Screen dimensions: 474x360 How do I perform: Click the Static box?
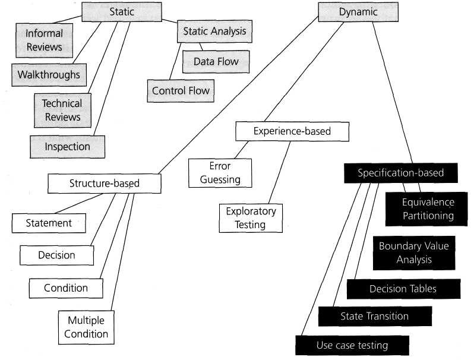pyautogui.click(x=122, y=12)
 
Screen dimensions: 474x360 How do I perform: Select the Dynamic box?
pyautogui.click(x=358, y=12)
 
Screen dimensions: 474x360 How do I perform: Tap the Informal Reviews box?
pyautogui.click(x=45, y=40)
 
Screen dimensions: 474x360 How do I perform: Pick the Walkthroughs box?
pyautogui.click(x=49, y=75)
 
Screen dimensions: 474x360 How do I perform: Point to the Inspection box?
pyautogui.click(x=67, y=147)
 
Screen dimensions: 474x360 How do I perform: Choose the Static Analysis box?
pyautogui.click(x=214, y=31)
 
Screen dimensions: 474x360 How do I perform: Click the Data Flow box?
pyautogui.click(x=216, y=62)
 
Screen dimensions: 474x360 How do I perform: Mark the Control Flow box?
pyautogui.click(x=181, y=91)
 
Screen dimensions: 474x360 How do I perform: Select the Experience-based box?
pyautogui.click(x=292, y=131)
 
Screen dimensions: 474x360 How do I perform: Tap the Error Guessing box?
pyautogui.click(x=220, y=173)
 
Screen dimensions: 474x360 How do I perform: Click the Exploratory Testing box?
pyautogui.click(x=251, y=218)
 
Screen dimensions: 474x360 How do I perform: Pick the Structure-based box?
pyautogui.click(x=105, y=184)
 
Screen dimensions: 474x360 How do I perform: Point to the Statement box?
pyautogui.click(x=49, y=223)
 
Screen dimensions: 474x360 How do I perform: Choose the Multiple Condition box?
pyautogui.click(x=86, y=327)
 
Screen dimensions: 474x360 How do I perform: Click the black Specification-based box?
pyautogui.click(x=401, y=173)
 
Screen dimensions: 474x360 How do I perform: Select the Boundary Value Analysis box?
pyautogui.click(x=414, y=252)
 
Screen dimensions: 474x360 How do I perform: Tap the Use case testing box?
pyautogui.click(x=352, y=345)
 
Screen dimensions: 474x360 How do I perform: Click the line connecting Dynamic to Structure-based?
pyautogui.click(x=238, y=95)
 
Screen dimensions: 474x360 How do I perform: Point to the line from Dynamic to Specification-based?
pyautogui.click(x=393, y=93)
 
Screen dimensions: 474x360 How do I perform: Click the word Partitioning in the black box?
pyautogui.click(x=428, y=216)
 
